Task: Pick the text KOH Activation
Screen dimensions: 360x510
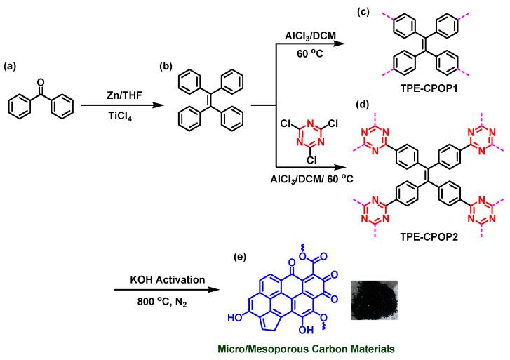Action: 161,279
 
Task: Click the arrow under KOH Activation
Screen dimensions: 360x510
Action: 161,291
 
